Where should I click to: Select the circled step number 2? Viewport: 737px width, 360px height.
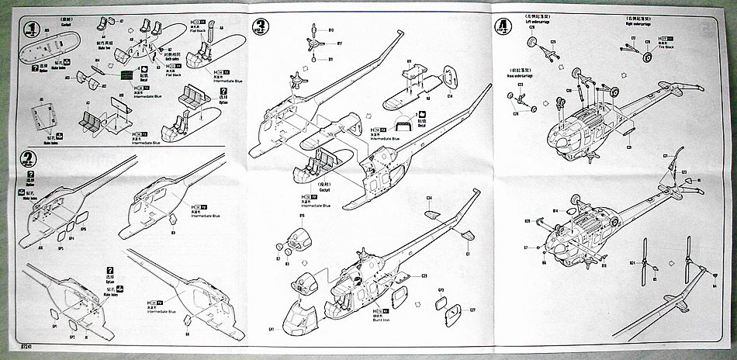click(x=28, y=158)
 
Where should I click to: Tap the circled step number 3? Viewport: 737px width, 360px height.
click(x=261, y=29)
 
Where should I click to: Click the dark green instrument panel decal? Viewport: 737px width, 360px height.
click(x=127, y=76)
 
